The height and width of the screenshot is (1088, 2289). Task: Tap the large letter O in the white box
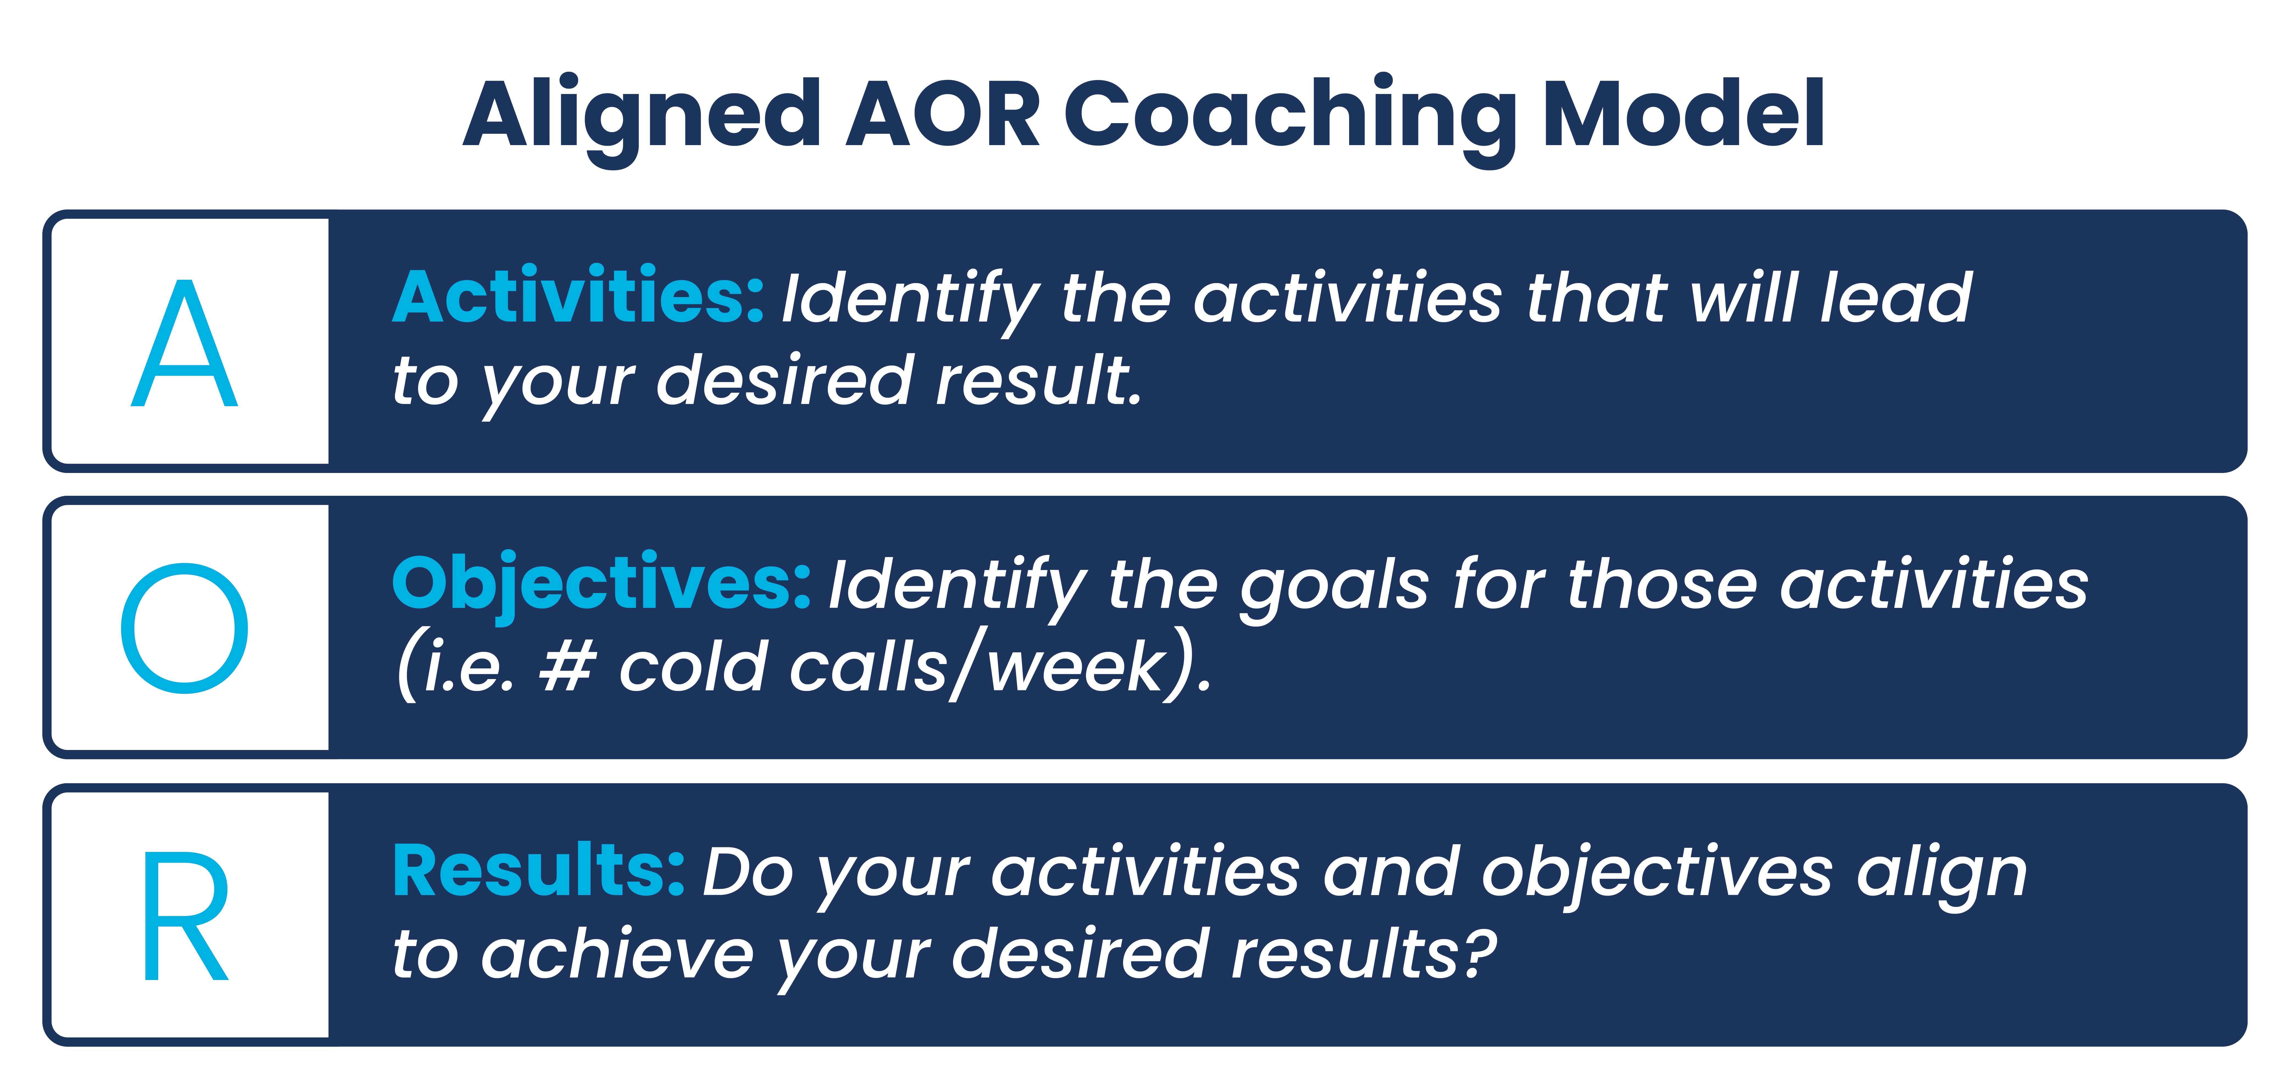pos(185,629)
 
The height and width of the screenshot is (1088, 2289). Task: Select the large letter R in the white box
pos(185,916)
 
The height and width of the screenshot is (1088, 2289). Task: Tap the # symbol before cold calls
pos(566,667)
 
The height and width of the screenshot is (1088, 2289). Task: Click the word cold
pos(693,667)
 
